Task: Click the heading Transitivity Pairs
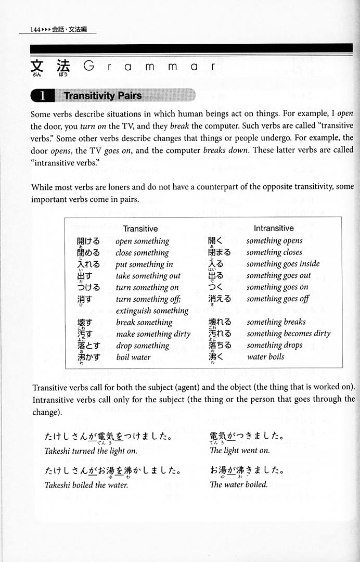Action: pyautogui.click(x=102, y=95)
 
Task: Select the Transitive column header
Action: pyautogui.click(x=140, y=228)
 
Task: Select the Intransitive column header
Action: pyautogui.click(x=274, y=228)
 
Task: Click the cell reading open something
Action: pyautogui.click(x=143, y=241)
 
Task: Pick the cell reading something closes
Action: pyautogui.click(x=274, y=252)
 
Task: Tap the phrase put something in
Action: pyautogui.click(x=144, y=264)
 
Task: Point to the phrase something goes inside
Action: pyautogui.click(x=283, y=264)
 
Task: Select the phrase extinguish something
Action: pyautogui.click(x=152, y=311)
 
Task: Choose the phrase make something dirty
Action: pyautogui.click(x=153, y=334)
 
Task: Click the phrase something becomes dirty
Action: pyautogui.click(x=288, y=334)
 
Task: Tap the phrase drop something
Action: pyautogui.click(x=143, y=346)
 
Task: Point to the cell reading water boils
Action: pyautogui.click(x=265, y=357)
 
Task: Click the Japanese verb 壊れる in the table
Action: pyautogui.click(x=220, y=322)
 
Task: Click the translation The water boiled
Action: pyautogui.click(x=239, y=484)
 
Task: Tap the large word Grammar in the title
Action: pyautogui.click(x=148, y=67)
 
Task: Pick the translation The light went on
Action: pyautogui.click(x=240, y=451)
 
